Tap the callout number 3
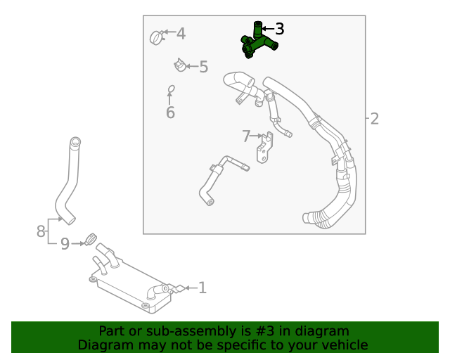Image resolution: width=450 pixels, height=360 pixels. tap(279, 29)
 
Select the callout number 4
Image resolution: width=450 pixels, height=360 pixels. tap(181, 33)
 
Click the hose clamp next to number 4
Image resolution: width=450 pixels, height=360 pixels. tap(157, 37)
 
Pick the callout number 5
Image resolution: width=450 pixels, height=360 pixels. tap(203, 67)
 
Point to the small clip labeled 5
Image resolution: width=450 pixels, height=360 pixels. tap(180, 65)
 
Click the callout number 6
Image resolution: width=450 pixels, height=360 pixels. tap(170, 112)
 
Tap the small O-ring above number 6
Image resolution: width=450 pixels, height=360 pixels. tap(170, 89)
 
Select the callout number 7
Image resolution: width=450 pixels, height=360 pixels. tap(246, 136)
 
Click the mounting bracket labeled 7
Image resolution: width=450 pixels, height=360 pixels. tap(265, 148)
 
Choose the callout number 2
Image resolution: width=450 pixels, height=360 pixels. tap(374, 119)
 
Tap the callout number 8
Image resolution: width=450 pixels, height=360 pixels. tap(41, 231)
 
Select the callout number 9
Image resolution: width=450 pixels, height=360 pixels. tap(65, 244)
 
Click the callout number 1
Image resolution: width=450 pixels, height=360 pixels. tap(202, 288)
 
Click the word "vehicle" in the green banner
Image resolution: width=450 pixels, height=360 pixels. tap(342, 345)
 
